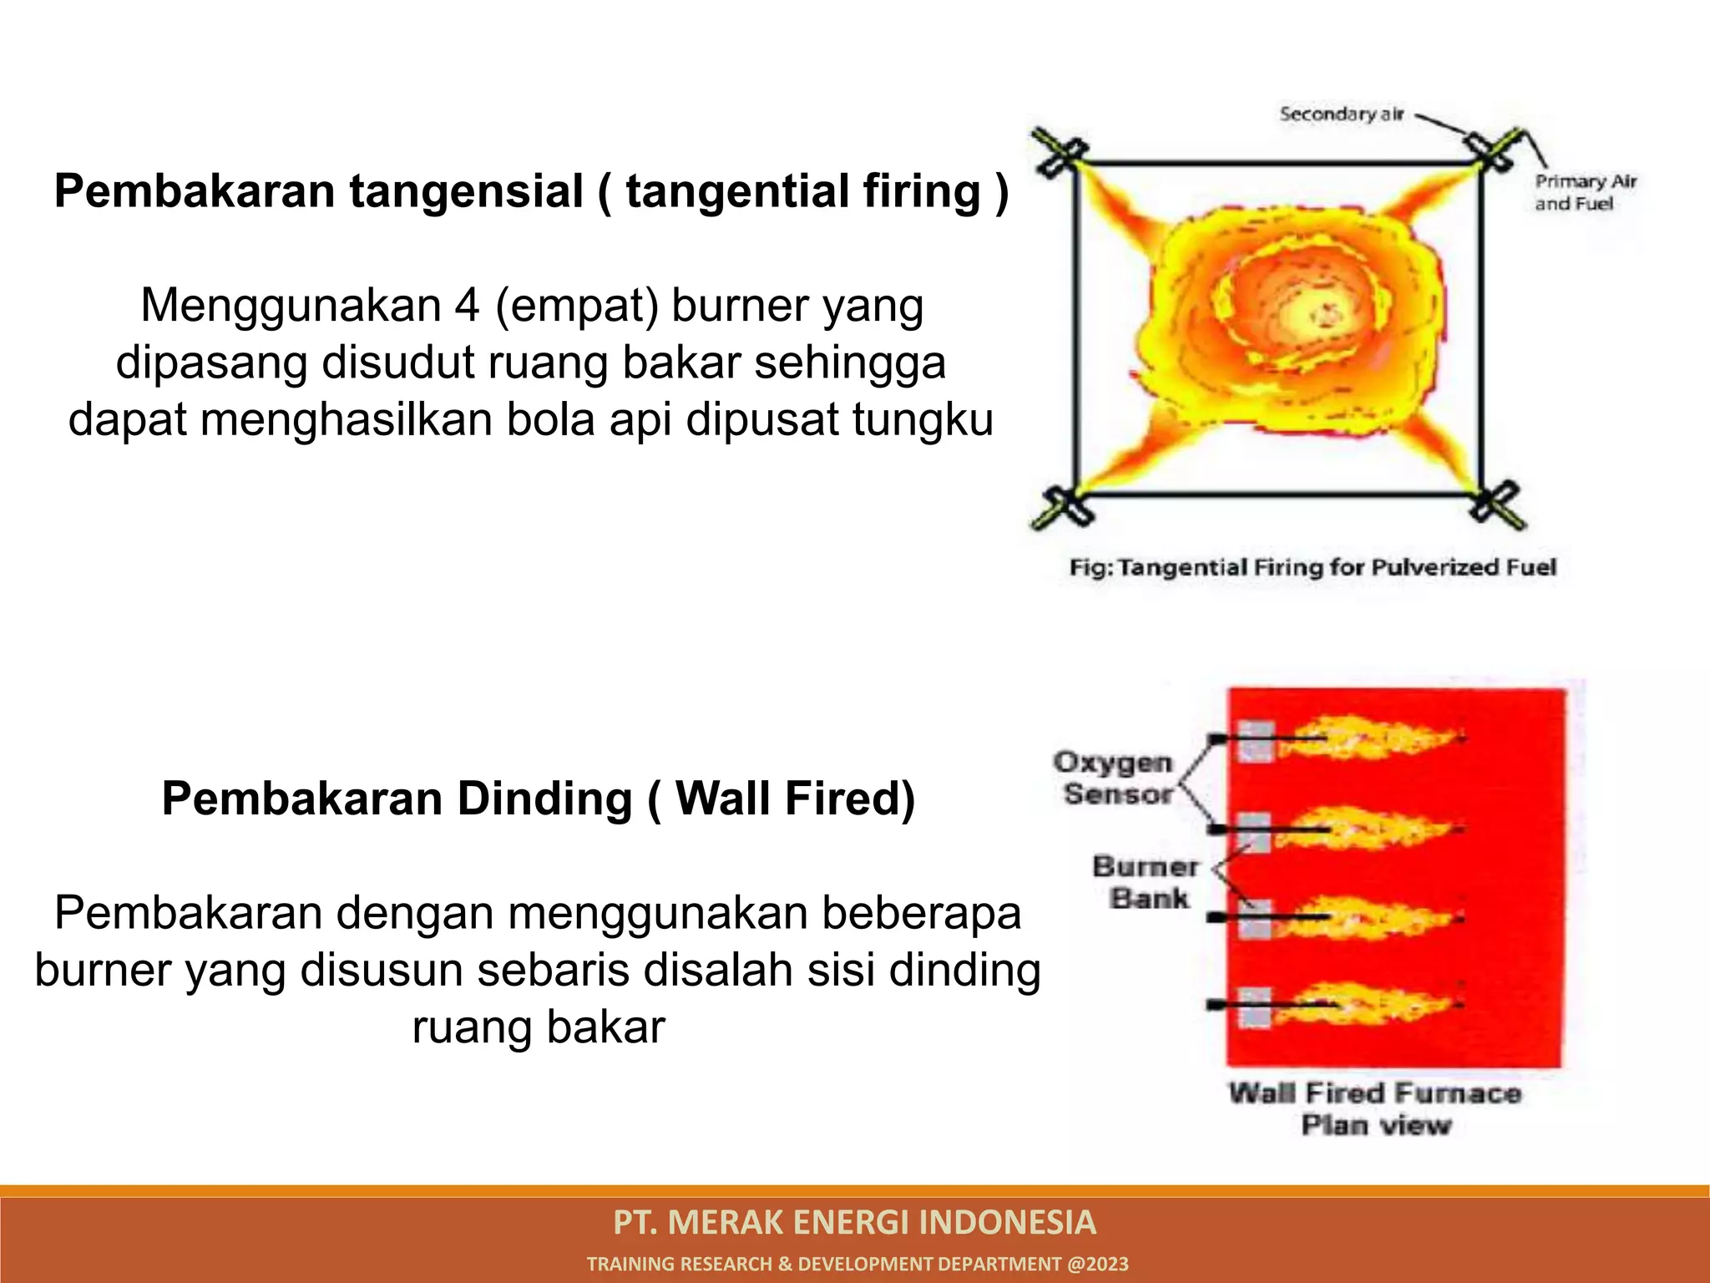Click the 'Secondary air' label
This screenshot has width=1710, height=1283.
(1341, 114)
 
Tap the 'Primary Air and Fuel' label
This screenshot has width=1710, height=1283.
(1584, 193)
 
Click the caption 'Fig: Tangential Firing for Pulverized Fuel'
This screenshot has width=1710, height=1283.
(1313, 568)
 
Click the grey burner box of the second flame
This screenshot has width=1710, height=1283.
(1254, 832)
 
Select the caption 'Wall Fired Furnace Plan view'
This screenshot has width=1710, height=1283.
(1374, 1108)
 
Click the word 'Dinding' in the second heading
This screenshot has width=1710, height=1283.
(544, 799)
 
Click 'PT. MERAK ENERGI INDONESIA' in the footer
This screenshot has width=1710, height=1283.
(854, 1222)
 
